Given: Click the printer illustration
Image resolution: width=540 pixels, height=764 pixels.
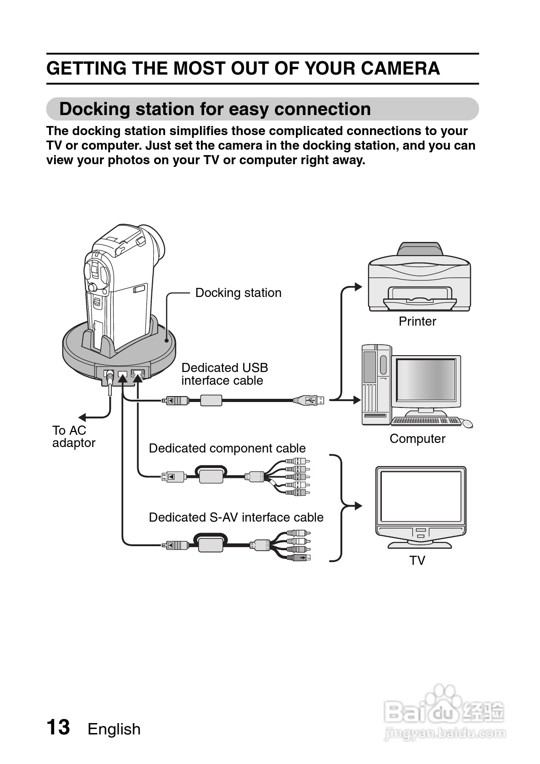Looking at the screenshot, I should (x=419, y=277).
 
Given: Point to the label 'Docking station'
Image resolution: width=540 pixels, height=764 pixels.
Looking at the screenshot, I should (x=238, y=293).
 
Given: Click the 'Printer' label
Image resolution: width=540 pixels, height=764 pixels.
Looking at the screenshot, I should (x=417, y=322).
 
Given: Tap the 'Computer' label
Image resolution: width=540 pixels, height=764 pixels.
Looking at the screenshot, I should (x=417, y=439).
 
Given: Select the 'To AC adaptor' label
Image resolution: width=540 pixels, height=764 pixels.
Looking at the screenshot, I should (x=73, y=437).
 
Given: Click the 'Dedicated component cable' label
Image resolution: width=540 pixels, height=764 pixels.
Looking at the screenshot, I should (x=227, y=448).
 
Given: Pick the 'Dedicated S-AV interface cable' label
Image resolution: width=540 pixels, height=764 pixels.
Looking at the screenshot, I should (x=236, y=518).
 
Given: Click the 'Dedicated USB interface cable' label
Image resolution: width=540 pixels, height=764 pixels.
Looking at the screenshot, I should (x=225, y=374).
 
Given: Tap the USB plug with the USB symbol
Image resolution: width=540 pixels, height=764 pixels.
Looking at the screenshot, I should (x=310, y=400).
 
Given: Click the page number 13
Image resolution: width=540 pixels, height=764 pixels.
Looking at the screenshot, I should (x=58, y=727).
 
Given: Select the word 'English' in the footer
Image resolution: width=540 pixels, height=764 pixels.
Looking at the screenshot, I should (x=114, y=729).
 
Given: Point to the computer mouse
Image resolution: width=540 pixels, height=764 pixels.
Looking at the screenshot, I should (x=467, y=423).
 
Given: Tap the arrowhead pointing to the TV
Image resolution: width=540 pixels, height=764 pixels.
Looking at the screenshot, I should (x=358, y=506).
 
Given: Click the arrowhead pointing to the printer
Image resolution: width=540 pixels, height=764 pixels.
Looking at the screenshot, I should (x=358, y=287).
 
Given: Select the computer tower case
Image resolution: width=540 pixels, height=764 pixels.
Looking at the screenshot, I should (x=376, y=384).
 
